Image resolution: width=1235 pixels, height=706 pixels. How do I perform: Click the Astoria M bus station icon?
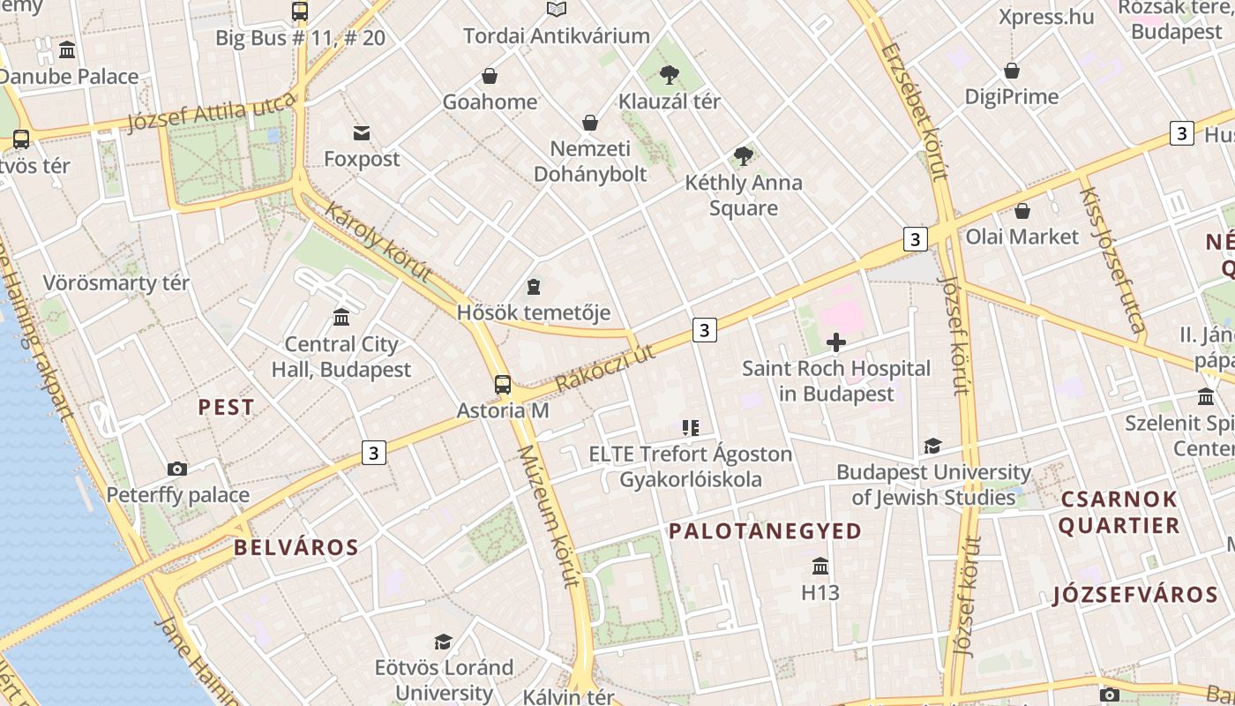pyautogui.click(x=502, y=385)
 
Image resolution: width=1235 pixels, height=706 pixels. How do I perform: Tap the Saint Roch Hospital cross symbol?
pyautogui.click(x=836, y=342)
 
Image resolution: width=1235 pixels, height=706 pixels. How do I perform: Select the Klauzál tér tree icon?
pyautogui.click(x=670, y=75)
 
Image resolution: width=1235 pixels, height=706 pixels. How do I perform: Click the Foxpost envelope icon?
pyautogui.click(x=362, y=133)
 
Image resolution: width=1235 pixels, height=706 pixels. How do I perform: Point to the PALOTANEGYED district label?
pyautogui.click(x=765, y=531)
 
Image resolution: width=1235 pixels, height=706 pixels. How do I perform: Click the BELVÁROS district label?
pyautogui.click(x=296, y=547)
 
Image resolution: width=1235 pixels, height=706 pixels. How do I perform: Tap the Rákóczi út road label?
pyautogui.click(x=605, y=368)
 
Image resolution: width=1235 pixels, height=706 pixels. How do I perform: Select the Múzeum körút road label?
pyautogui.click(x=548, y=515)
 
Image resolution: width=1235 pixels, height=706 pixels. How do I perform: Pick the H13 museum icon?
pyautogui.click(x=820, y=566)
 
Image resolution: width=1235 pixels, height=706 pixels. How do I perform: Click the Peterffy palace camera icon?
pyautogui.click(x=177, y=469)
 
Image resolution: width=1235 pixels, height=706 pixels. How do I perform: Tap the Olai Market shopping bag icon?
pyautogui.click(x=1022, y=211)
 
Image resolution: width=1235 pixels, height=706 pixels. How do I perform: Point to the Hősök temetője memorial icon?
pyautogui.click(x=534, y=287)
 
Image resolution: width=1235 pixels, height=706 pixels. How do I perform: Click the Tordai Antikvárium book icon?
pyautogui.click(x=556, y=10)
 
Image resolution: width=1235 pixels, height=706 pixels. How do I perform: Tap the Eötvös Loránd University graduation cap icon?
pyautogui.click(x=444, y=642)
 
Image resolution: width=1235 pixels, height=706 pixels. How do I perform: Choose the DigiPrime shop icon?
pyautogui.click(x=1012, y=71)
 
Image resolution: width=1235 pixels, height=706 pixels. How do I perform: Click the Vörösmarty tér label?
pyautogui.click(x=116, y=283)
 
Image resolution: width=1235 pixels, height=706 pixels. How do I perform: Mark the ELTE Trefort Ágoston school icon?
pyautogui.click(x=690, y=428)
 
